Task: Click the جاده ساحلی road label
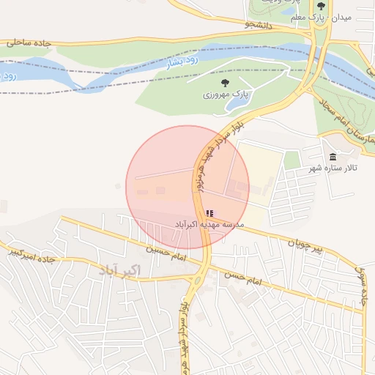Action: [x=29, y=43]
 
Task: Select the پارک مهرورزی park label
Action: [x=227, y=94]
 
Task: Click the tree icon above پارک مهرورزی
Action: [x=224, y=83]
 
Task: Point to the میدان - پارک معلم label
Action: [x=350, y=17]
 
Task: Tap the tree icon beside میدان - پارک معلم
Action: [x=320, y=5]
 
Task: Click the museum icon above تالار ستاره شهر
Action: [x=333, y=157]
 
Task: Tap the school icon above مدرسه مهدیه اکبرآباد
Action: [x=209, y=213]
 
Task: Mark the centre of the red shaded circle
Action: [x=187, y=187]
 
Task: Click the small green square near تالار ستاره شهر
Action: [x=292, y=160]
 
